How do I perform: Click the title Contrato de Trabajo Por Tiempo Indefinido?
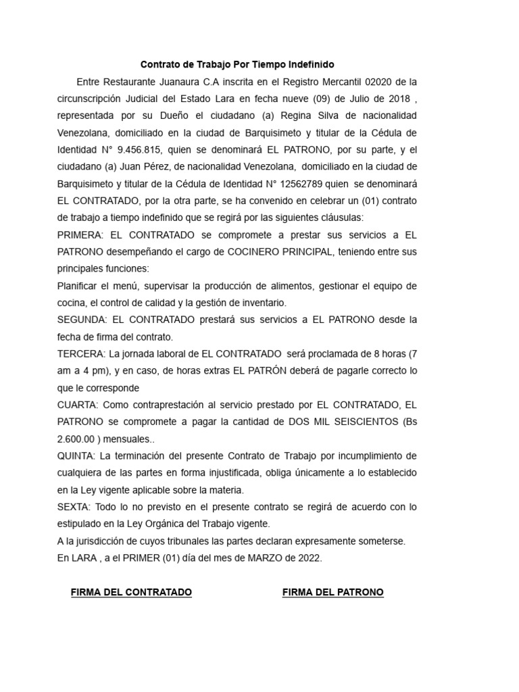[237, 65]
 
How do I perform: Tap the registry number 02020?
[379, 82]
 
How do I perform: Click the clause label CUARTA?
[78, 405]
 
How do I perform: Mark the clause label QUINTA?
[78, 455]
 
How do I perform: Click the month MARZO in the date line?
[255, 558]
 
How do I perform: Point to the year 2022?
[308, 558]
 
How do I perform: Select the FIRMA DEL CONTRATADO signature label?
[131, 593]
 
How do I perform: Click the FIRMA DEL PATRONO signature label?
[332, 593]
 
